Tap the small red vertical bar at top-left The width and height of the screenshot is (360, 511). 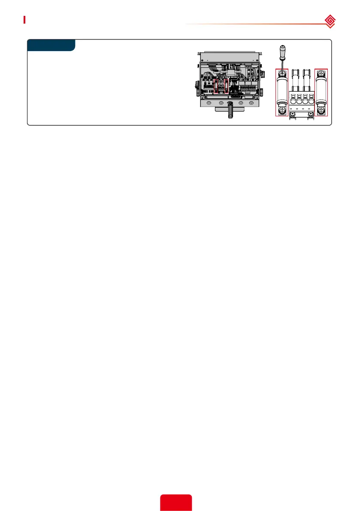[x=24, y=20]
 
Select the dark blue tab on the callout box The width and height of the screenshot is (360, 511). [x=51, y=45]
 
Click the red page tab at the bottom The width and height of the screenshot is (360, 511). [x=176, y=503]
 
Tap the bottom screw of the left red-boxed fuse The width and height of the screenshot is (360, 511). [x=281, y=111]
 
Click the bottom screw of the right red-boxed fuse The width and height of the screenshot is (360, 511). [x=321, y=111]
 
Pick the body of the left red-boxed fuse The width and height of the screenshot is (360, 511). [x=281, y=92]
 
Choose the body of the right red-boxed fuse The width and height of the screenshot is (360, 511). [x=321, y=92]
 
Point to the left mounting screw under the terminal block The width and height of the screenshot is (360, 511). [x=292, y=114]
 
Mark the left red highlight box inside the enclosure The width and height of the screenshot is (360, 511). [x=216, y=86]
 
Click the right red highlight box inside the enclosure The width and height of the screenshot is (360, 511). [x=227, y=86]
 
